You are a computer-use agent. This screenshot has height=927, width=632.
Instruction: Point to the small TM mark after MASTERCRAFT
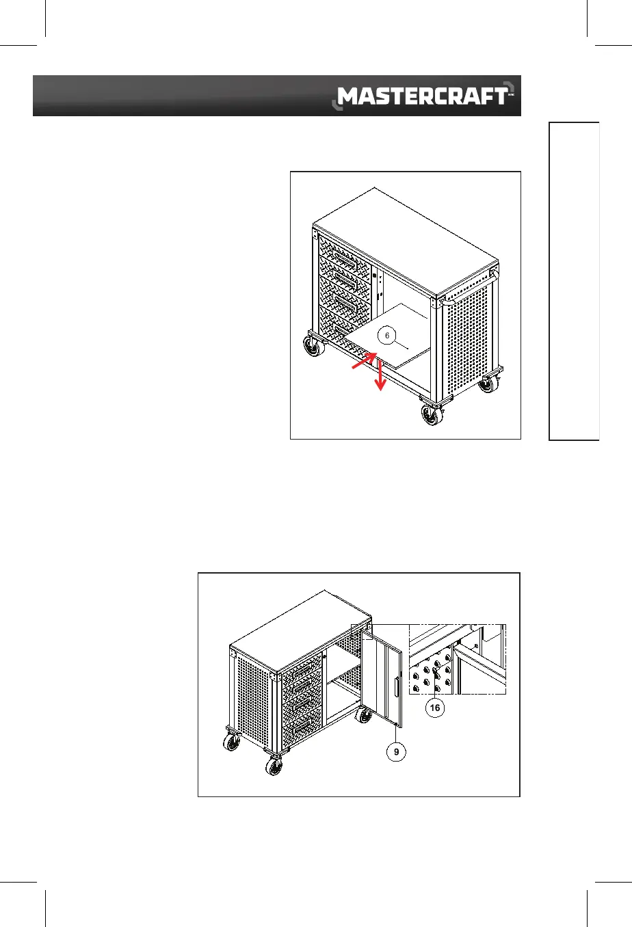pos(511,95)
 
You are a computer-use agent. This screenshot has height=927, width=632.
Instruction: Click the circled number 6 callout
pos(387,336)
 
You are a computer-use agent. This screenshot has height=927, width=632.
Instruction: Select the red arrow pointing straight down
pos(380,377)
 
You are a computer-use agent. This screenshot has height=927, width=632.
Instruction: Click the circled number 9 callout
pos(395,752)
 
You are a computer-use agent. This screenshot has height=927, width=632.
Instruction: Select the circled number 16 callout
pos(435,708)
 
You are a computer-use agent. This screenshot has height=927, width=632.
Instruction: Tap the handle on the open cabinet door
pos(396,686)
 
